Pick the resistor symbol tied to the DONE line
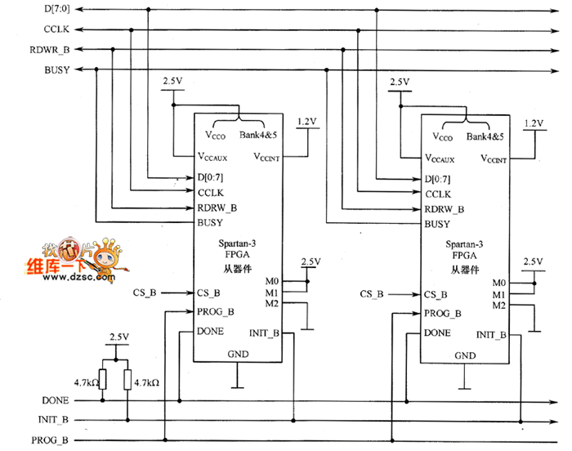coord(103,380)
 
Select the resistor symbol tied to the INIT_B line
coord(127,380)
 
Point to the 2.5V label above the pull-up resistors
coord(119,337)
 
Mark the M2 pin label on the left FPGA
coord(272,305)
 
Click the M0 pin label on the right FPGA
coord(498,282)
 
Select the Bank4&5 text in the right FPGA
coord(485,136)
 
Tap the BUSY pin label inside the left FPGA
coord(208,222)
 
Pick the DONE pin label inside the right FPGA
coord(437,333)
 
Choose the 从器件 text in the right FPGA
coord(465,270)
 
